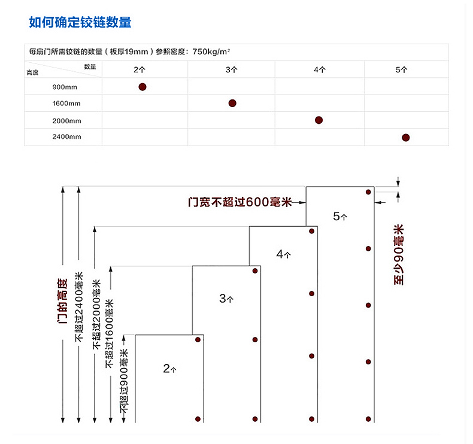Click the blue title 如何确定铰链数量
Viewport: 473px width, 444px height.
[80, 23]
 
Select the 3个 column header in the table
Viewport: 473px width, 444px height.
[232, 69]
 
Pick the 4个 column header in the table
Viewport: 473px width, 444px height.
[319, 69]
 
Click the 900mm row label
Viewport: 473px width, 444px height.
[65, 87]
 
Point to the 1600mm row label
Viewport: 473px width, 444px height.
[66, 104]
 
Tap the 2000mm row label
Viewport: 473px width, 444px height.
[66, 120]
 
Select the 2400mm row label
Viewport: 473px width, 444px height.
[66, 137]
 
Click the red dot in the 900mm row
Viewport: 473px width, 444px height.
[142, 87]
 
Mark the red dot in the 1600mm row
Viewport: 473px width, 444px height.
[232, 104]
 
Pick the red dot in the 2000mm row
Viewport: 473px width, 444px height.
[319, 120]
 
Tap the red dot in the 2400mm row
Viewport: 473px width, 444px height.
[405, 137]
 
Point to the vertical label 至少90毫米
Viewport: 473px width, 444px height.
[399, 254]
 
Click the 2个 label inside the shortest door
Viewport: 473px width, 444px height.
[170, 369]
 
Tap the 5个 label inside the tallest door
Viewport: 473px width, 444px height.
[340, 216]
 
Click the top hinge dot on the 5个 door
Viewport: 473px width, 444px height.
[369, 192]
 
